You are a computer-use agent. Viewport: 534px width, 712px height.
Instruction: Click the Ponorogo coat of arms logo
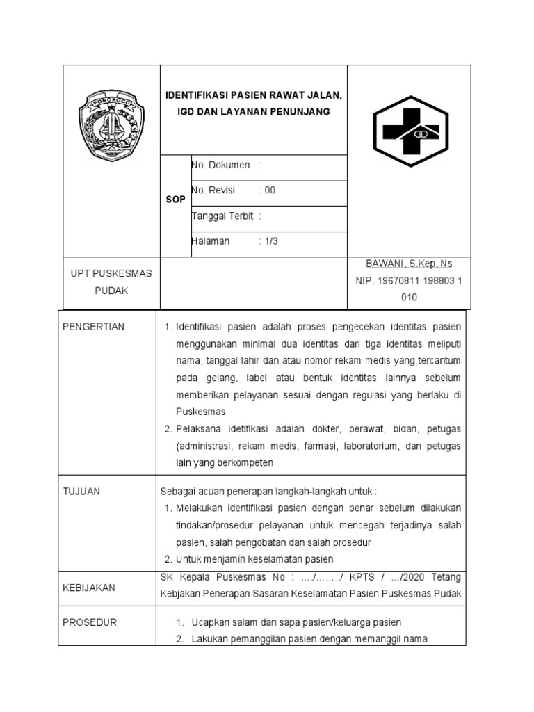coord(111,124)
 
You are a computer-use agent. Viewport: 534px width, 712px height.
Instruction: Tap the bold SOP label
coord(176,200)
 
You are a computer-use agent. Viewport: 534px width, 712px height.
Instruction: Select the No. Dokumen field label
coord(221,165)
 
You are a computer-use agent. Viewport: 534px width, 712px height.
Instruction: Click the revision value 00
coord(270,191)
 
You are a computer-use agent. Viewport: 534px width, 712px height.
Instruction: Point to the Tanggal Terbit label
coord(223,216)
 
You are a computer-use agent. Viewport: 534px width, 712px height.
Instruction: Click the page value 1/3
coord(270,241)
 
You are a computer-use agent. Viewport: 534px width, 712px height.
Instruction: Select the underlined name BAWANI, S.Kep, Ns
coord(409,264)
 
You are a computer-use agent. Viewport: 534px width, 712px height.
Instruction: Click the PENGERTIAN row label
coord(93,327)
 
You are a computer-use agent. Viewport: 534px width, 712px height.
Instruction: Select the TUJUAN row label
coord(81,492)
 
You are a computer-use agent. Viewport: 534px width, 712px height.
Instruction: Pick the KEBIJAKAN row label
coord(89,588)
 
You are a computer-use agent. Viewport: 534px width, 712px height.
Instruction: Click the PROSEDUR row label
coord(90,622)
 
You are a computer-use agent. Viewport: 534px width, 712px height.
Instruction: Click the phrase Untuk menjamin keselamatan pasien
coord(254,559)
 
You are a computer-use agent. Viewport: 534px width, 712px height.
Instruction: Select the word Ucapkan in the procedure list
coord(211,622)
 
